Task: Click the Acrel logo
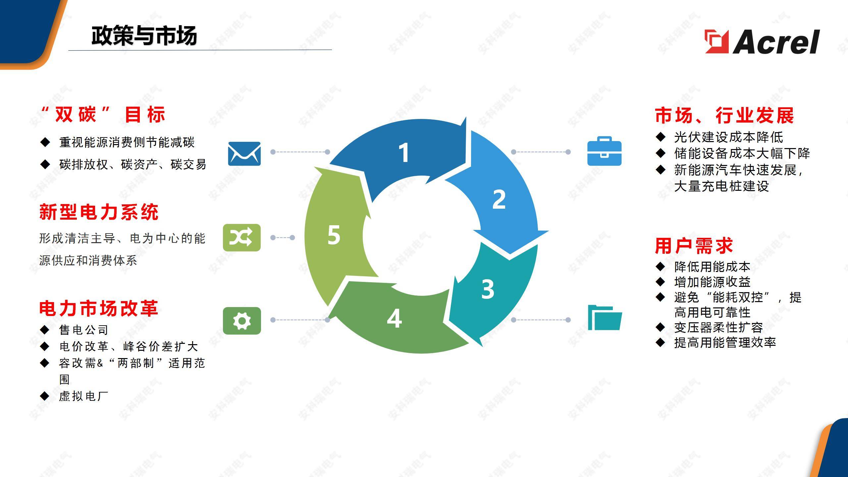762,42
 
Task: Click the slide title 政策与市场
144,36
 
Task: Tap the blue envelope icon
244,154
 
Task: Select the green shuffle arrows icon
242,238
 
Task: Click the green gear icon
242,321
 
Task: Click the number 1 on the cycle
403,153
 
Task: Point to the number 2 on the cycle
499,199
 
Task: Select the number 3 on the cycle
488,290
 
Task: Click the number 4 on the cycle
394,319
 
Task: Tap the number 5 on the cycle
334,235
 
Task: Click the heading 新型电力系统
99,212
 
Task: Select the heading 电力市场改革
99,309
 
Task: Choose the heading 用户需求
694,246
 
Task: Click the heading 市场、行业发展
724,115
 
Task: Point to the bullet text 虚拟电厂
83,396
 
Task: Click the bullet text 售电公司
83,330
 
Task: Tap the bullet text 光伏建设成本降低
728,137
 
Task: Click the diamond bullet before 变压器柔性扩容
660,327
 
